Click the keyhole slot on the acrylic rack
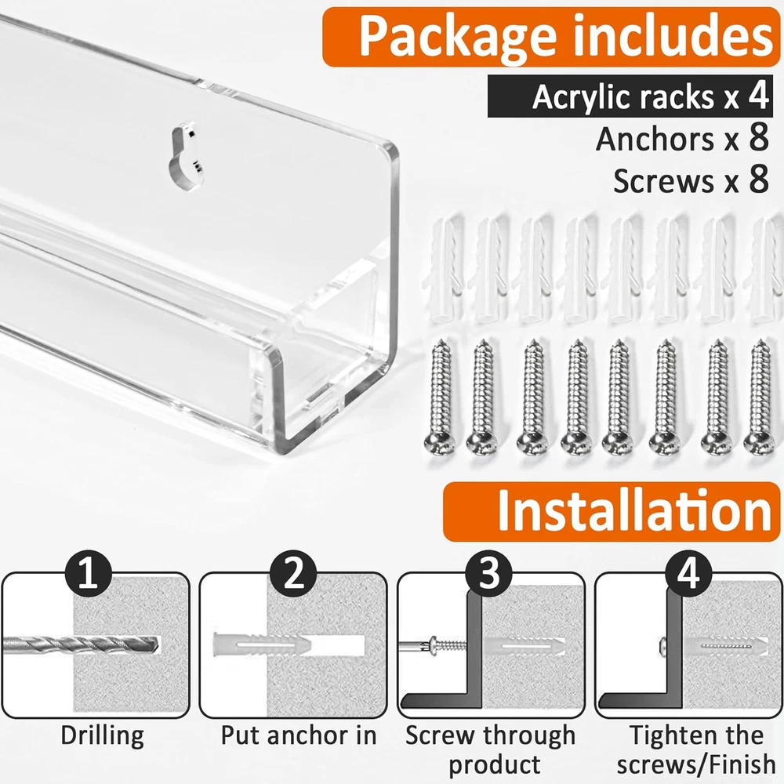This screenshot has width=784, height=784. (x=185, y=157)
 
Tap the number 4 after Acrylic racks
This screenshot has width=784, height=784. (x=758, y=96)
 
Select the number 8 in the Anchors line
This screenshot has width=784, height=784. (x=758, y=138)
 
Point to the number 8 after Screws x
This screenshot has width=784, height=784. (x=758, y=180)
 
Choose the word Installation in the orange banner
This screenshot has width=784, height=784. (x=634, y=510)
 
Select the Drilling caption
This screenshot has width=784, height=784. (x=103, y=736)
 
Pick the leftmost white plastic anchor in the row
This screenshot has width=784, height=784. (x=442, y=268)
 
